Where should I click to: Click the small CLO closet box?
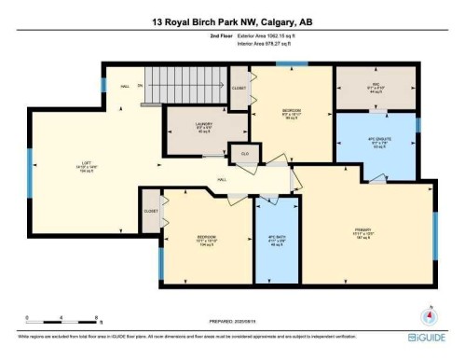pos(244,152)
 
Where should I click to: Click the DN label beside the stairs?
pos(141,86)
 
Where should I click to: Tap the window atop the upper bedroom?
pos(292,64)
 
